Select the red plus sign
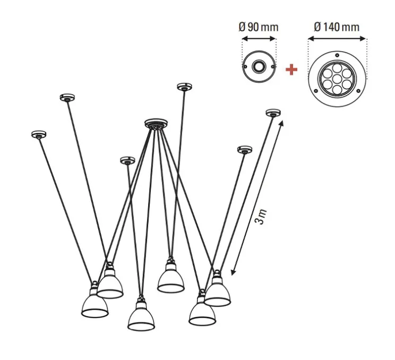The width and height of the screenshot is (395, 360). [x=291, y=70]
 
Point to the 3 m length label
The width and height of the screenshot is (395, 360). [x=261, y=217]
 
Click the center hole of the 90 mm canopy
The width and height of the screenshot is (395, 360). [x=259, y=67]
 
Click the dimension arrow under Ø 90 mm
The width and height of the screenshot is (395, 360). [x=259, y=38]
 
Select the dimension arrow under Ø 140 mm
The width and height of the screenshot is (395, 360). [x=337, y=38]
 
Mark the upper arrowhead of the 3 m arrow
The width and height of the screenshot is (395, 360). [x=281, y=123]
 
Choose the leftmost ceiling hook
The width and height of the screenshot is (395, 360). [x=38, y=134]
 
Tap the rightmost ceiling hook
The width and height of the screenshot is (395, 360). [x=272, y=113]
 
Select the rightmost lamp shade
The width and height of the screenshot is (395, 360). [x=218, y=293]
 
